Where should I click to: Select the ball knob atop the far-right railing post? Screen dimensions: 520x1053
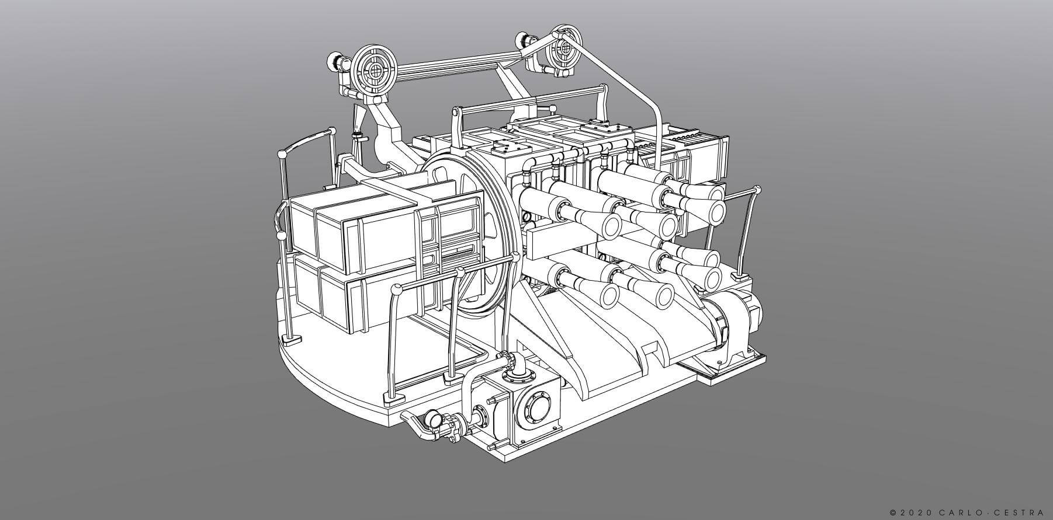pyautogui.click(x=758, y=190)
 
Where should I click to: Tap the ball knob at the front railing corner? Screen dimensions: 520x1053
pyautogui.click(x=397, y=288)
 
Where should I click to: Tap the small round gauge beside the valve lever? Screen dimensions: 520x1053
pyautogui.click(x=434, y=418)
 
